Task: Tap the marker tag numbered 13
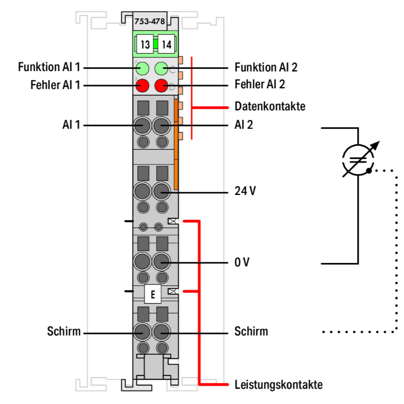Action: (144, 44)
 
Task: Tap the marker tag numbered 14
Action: (166, 44)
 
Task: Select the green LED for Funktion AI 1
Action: (143, 68)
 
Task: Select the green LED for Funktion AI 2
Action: (161, 68)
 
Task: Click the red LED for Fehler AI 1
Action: (143, 85)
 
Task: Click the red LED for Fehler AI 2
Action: (161, 85)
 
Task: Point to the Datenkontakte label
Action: (270, 107)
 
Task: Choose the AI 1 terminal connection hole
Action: (143, 126)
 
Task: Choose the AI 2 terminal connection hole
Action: (161, 126)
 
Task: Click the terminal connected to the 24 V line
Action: (161, 192)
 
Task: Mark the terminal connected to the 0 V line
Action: (161, 263)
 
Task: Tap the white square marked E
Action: (153, 295)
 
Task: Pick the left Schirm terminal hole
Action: (143, 331)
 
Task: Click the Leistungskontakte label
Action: (278, 385)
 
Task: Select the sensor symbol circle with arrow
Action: (358, 159)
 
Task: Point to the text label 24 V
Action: (245, 192)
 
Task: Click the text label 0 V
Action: (242, 263)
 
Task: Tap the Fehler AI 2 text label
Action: (260, 85)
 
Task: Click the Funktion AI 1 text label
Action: (48, 68)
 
